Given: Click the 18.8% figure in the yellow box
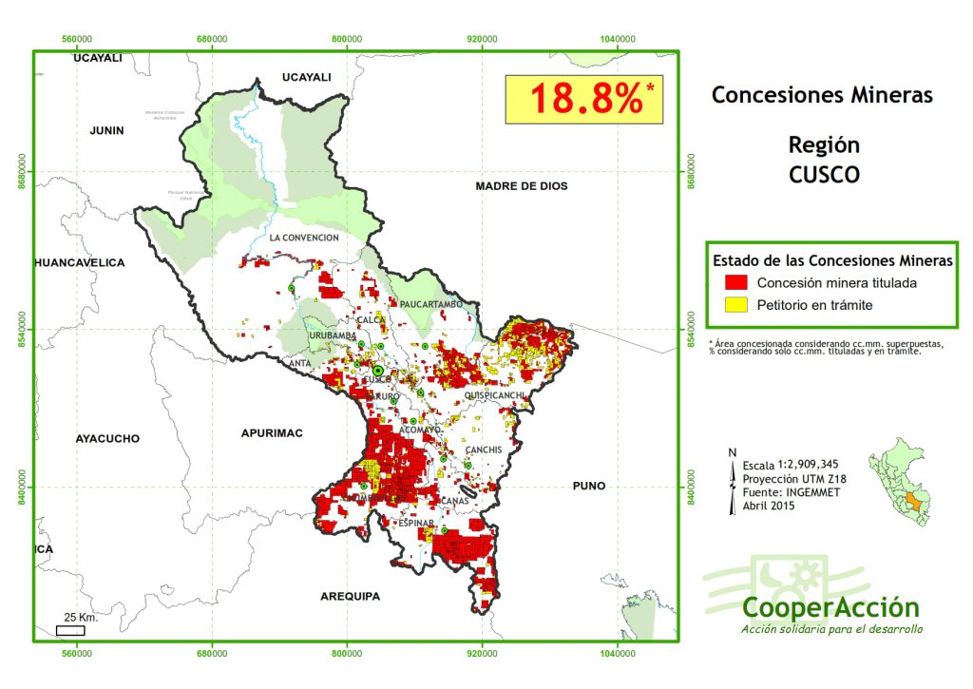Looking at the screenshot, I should click(585, 99).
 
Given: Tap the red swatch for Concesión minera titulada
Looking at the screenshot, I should click(736, 282).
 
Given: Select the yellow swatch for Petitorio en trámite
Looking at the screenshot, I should click(736, 305).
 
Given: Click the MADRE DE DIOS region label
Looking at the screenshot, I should click(521, 186).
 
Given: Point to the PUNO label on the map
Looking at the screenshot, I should click(588, 486).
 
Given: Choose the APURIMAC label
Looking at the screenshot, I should click(272, 432).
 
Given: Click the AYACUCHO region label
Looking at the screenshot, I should click(107, 439).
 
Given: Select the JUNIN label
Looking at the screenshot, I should click(106, 130).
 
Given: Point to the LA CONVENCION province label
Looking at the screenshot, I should click(303, 238).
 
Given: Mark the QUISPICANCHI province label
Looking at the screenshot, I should click(494, 394).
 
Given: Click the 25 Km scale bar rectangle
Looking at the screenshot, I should click(70, 630).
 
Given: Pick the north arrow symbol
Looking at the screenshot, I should click(732, 486).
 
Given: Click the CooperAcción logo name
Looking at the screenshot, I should click(830, 607).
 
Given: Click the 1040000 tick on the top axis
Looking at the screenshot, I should click(618, 38).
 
